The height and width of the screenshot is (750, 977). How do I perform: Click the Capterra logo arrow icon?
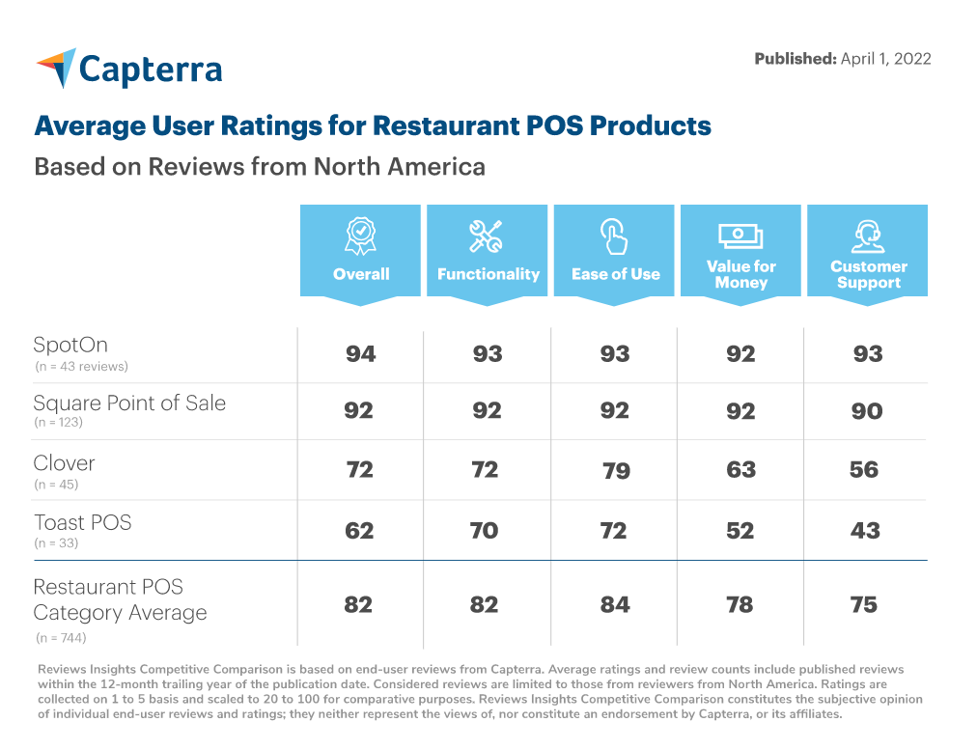point(56,67)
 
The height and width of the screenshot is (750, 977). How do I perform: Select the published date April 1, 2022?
point(885,59)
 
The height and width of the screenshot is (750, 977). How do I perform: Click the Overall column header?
point(361,274)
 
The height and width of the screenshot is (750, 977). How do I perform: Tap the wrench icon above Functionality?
point(487,235)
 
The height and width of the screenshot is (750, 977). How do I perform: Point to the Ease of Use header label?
point(615,274)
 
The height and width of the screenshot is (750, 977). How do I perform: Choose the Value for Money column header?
point(740,274)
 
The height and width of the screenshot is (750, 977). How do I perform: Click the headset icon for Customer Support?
point(868,235)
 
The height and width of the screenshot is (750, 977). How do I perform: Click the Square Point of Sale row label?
point(129,403)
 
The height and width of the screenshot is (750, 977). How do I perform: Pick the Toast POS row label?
point(82,522)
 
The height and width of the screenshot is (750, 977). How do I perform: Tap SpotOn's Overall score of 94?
point(360,354)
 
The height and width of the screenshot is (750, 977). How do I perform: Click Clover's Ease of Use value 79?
point(615,471)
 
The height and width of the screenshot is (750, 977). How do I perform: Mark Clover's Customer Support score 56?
point(864,470)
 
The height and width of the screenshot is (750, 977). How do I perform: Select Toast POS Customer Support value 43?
point(865,530)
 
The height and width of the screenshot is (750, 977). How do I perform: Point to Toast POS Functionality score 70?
point(487,530)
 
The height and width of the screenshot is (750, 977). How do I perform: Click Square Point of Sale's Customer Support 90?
point(867,411)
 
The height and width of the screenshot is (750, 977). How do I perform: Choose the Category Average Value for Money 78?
point(740,605)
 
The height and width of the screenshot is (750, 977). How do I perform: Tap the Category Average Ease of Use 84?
point(614,605)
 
